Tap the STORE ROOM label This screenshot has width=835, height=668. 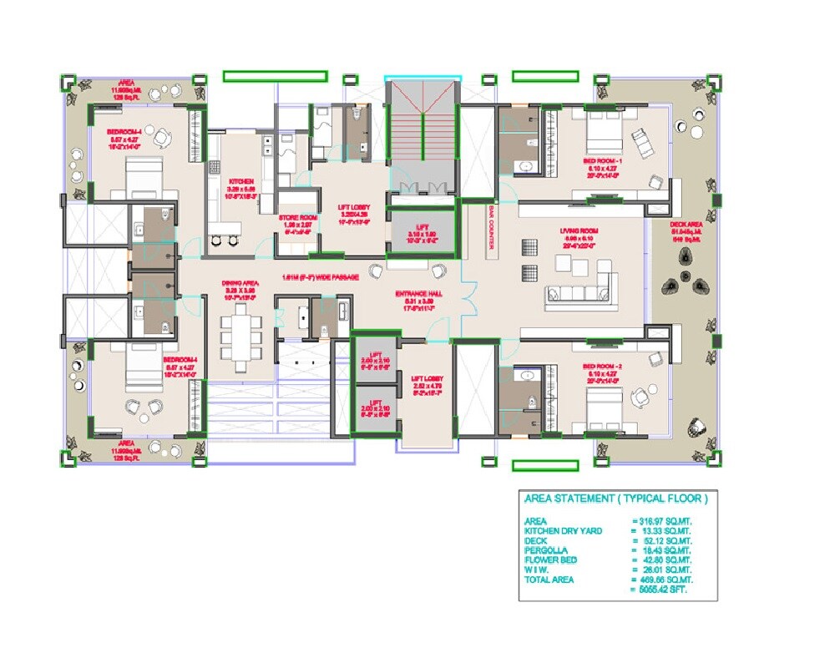click(297, 218)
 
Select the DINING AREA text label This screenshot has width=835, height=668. click(237, 283)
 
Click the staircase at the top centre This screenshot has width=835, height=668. click(422, 134)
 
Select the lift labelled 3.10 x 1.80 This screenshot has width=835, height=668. click(424, 235)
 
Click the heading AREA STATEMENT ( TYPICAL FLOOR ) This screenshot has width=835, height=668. click(615, 499)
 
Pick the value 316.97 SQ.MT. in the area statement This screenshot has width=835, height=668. click(662, 522)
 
